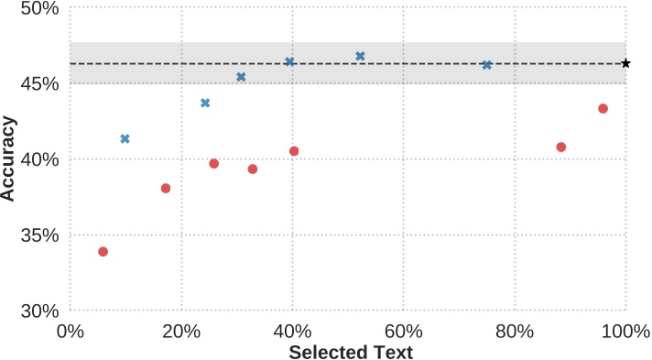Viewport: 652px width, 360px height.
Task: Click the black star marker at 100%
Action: pyautogui.click(x=625, y=63)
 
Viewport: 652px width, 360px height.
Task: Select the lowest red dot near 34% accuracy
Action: pyautogui.click(x=103, y=251)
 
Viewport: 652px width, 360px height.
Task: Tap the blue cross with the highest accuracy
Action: pyautogui.click(x=360, y=56)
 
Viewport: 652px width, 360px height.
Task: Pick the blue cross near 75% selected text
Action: pyautogui.click(x=486, y=65)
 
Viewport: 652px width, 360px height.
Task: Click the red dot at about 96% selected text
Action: pyautogui.click(x=603, y=108)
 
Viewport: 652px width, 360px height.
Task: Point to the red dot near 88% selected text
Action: pyautogui.click(x=561, y=147)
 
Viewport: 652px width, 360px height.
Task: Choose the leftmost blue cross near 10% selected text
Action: pyautogui.click(x=125, y=138)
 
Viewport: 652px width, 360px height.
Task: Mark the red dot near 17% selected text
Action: pyautogui.click(x=166, y=188)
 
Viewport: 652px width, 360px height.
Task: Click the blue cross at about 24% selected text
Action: pyautogui.click(x=205, y=103)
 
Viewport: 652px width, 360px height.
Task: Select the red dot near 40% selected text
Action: pyautogui.click(x=294, y=151)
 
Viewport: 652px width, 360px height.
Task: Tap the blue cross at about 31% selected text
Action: pyautogui.click(x=241, y=77)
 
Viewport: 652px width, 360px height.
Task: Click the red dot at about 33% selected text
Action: pyautogui.click(x=253, y=169)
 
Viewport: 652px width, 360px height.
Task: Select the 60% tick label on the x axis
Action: pyautogui.click(x=403, y=330)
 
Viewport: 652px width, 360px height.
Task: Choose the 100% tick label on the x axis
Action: pyautogui.click(x=625, y=330)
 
